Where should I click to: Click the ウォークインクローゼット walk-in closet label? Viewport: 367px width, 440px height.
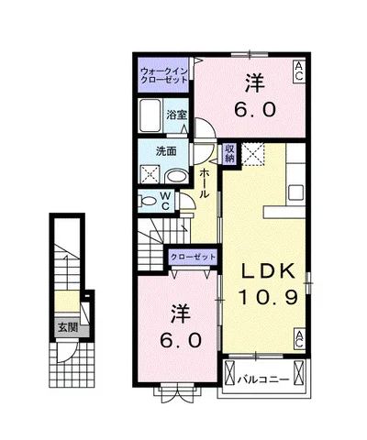tap(163, 75)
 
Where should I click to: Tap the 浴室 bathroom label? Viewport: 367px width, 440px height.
tap(176, 115)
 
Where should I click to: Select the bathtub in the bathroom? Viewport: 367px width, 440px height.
tap(150, 115)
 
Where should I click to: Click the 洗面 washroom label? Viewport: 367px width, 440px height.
tap(166, 151)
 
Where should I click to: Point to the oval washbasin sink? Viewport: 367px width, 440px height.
tap(177, 177)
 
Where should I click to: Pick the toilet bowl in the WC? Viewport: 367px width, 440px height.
tap(148, 201)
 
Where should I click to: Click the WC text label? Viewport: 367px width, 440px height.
tap(165, 201)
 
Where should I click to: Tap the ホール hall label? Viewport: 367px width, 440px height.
tap(205, 183)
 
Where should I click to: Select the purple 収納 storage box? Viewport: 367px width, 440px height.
tap(229, 153)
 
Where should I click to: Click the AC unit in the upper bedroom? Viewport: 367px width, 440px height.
tap(299, 71)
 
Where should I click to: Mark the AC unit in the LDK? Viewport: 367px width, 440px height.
tap(299, 339)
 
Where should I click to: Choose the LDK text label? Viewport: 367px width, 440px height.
tap(269, 270)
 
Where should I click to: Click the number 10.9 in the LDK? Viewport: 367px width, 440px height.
tap(268, 297)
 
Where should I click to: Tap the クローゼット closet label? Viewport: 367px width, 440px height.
tap(193, 257)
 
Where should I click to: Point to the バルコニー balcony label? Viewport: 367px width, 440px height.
tap(263, 379)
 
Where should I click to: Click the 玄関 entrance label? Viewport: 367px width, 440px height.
tap(68, 327)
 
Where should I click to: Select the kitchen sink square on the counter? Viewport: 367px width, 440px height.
tap(295, 192)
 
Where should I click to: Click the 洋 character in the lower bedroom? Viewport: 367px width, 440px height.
tap(181, 313)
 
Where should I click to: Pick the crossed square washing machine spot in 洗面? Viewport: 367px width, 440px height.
tap(150, 174)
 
